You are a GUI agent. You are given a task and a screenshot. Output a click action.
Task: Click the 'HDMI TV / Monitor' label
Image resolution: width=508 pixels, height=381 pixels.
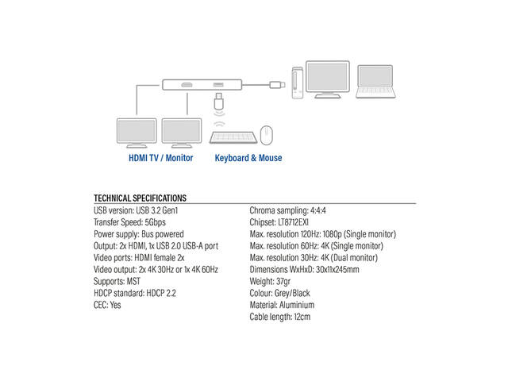(x=160, y=158)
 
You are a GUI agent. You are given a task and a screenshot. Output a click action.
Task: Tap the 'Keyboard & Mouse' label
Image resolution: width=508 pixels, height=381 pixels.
(x=248, y=158)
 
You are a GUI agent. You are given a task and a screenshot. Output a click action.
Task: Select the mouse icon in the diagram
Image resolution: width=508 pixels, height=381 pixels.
(x=267, y=135)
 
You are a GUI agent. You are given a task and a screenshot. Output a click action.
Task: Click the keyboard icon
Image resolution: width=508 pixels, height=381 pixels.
(x=233, y=137)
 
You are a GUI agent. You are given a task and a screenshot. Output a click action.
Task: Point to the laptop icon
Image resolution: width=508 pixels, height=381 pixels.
(x=375, y=81)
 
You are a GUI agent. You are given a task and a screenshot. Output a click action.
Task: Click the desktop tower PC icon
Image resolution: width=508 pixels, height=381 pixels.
(x=298, y=83)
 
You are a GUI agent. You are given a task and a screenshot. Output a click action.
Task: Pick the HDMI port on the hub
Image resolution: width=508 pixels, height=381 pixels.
(x=187, y=85)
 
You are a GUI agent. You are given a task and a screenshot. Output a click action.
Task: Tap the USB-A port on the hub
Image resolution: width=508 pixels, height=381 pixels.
(x=218, y=85)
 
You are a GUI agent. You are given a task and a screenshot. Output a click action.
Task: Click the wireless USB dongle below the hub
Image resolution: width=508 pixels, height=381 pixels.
(x=219, y=101)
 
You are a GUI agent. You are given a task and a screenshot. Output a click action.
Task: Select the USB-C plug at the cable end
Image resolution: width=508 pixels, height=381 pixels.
(x=277, y=85)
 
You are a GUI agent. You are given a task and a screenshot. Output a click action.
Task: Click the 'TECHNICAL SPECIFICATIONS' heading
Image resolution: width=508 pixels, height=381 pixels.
(x=140, y=198)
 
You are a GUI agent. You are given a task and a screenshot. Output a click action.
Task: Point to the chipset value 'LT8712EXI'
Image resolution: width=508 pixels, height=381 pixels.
(x=293, y=222)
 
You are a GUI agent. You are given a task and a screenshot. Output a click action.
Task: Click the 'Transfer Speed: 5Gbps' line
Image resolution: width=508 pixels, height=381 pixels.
(x=129, y=222)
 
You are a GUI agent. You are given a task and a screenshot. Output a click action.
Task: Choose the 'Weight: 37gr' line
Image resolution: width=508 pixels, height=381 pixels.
(x=270, y=281)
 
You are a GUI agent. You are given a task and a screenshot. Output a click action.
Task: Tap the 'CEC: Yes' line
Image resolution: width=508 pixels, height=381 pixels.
(x=107, y=305)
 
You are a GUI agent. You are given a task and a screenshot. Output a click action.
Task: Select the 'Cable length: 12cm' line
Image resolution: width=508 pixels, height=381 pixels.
(x=280, y=317)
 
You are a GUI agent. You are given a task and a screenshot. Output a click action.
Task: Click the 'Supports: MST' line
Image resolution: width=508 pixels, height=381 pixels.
(x=117, y=281)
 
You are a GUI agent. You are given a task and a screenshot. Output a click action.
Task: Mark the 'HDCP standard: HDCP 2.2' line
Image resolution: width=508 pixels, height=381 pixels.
(x=135, y=293)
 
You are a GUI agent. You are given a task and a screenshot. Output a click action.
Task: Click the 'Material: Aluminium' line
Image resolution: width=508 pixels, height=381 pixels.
(x=282, y=305)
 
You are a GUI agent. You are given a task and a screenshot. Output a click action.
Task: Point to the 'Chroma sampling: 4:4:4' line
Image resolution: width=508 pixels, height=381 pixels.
(x=287, y=210)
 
